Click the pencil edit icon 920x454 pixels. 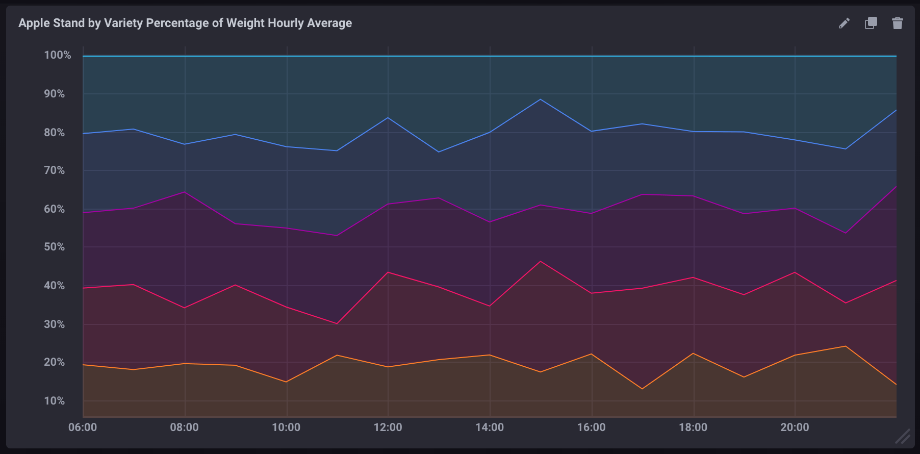point(844,23)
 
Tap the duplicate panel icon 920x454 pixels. point(871,23)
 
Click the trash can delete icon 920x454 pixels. point(898,23)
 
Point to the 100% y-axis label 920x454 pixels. point(58,55)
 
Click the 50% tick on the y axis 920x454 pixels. point(55,247)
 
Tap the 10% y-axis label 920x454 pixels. point(55,401)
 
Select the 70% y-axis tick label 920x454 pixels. point(55,170)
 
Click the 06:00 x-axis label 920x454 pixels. point(83,427)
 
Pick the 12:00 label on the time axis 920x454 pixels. point(388,427)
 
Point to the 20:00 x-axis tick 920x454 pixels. point(795,427)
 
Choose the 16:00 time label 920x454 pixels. point(592,427)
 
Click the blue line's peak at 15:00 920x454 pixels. point(541,99)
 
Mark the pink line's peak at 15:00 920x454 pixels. point(541,261)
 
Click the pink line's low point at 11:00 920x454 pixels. point(337,323)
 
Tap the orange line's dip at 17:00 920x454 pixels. point(642,389)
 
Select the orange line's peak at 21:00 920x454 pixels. point(846,346)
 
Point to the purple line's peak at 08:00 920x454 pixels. point(185,192)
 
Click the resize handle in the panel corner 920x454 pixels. point(903,437)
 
